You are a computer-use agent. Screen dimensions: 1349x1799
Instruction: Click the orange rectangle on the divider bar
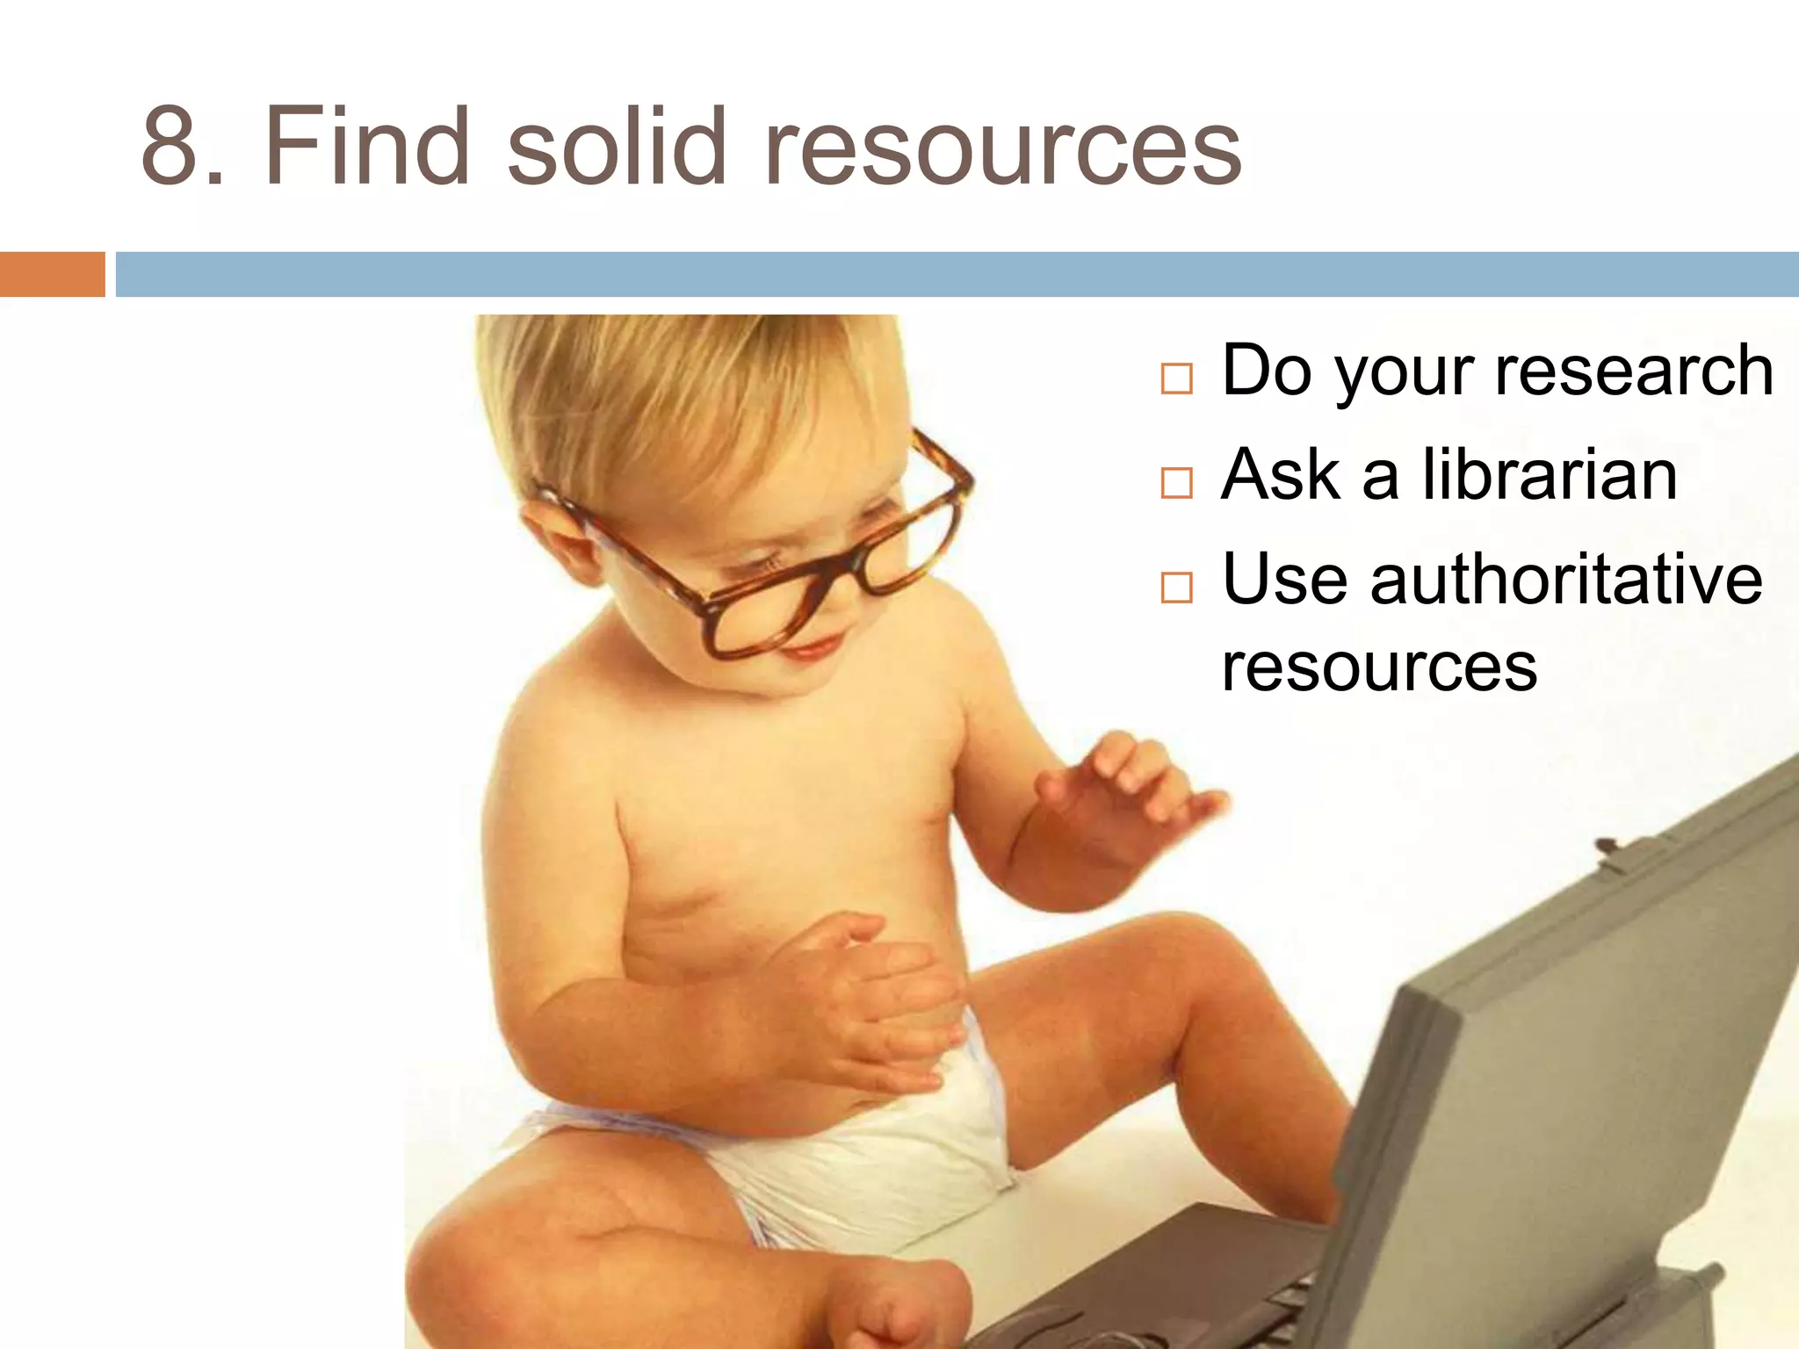tap(52, 274)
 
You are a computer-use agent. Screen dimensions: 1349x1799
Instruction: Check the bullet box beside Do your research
tap(1176, 379)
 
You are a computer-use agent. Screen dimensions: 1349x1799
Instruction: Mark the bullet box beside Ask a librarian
tap(1176, 483)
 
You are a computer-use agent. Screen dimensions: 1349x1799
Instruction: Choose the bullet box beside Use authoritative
tap(1176, 587)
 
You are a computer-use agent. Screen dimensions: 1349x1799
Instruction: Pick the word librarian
tap(1548, 475)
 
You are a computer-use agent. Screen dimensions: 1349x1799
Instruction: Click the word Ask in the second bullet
tap(1281, 475)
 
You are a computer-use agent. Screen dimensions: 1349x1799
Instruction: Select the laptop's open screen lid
tap(1581, 1054)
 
